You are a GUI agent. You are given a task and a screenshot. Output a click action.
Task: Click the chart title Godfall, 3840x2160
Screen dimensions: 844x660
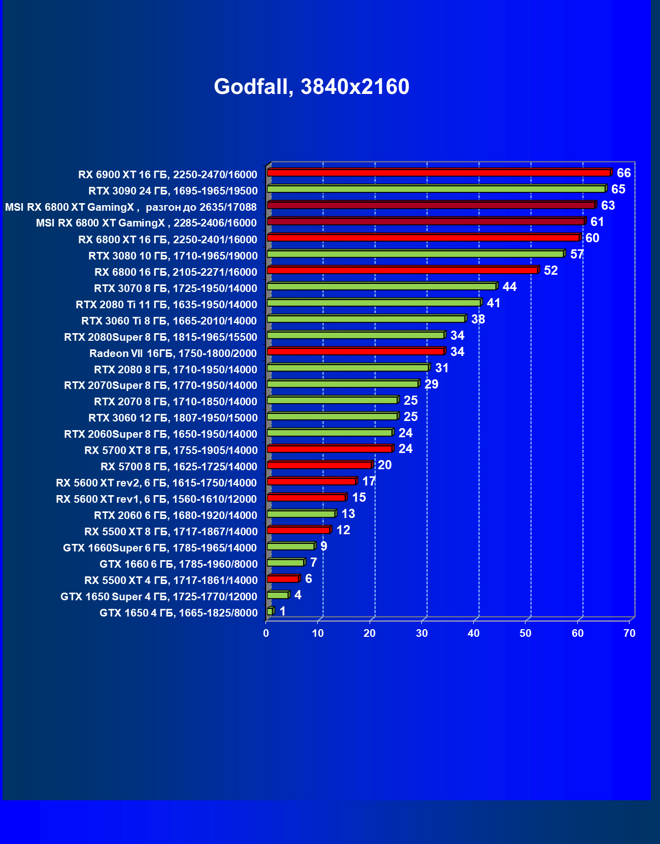311,87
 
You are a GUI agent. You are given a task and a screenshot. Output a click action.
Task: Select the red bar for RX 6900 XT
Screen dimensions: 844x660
439,173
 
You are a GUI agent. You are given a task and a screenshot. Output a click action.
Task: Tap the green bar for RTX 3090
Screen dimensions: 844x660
436,189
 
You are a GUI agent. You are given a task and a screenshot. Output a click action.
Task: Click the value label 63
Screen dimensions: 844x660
608,206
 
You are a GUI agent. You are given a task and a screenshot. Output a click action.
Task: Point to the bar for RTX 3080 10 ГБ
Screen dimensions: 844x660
415,254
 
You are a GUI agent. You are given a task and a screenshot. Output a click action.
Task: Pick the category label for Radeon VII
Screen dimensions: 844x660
173,353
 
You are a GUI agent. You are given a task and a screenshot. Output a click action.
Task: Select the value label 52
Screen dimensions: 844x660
550,271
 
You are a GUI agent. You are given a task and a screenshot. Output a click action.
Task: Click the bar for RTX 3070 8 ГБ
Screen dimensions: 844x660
381,286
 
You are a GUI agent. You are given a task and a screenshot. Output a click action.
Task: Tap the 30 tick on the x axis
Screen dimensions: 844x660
421,633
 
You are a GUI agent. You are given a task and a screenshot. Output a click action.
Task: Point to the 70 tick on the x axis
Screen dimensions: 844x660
629,633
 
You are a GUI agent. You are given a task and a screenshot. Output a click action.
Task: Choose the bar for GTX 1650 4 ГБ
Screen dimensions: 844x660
270,611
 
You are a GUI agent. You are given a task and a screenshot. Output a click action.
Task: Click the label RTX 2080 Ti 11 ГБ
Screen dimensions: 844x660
167,305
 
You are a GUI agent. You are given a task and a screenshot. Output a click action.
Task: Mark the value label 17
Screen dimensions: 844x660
369,481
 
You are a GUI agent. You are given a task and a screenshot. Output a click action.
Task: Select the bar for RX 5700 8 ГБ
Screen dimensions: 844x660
319,465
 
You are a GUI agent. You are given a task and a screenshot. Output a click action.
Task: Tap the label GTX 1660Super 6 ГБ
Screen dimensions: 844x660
160,548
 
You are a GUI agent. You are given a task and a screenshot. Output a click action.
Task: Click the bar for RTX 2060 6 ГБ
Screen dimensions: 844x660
301,514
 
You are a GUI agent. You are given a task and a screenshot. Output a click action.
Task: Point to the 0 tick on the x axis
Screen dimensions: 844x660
266,633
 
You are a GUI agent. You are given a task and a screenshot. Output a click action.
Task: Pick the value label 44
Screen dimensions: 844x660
509,287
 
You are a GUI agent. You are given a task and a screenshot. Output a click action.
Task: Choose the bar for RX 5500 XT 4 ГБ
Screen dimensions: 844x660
283,579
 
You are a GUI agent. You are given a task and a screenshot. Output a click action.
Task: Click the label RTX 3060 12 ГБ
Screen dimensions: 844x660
173,418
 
